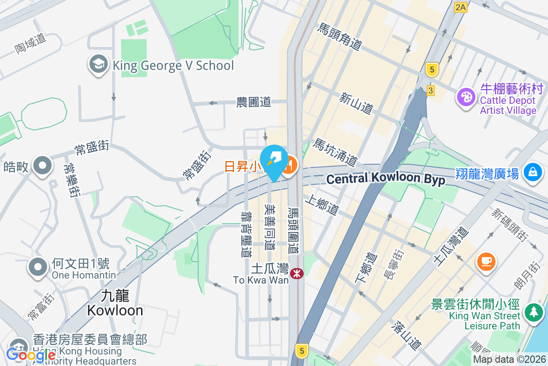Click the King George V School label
[x=173, y=65]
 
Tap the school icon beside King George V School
[x=98, y=65]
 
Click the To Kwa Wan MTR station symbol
[x=296, y=274]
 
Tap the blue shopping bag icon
[x=532, y=173]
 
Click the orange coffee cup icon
[x=486, y=261]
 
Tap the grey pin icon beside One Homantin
[x=38, y=268]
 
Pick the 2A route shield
[x=461, y=7]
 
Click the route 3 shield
[x=431, y=91]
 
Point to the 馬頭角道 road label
[x=340, y=37]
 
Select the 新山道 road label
[x=356, y=103]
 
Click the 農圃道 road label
[x=253, y=102]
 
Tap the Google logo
[x=31, y=355]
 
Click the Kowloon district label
[x=115, y=303]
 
